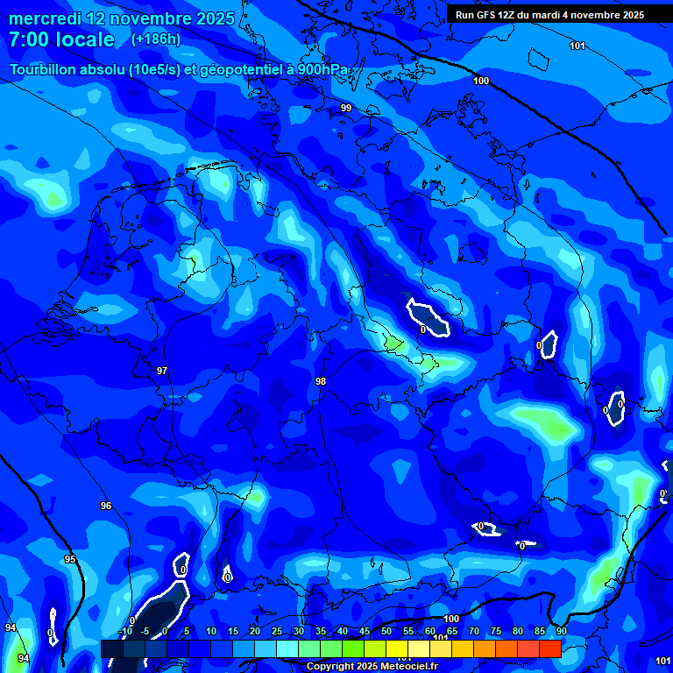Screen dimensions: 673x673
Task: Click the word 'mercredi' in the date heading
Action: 42,18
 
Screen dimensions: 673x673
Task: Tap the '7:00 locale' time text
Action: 61,39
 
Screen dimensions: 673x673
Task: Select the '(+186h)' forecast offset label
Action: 155,39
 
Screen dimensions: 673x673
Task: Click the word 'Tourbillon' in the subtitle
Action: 48,70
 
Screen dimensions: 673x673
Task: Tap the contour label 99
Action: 346,108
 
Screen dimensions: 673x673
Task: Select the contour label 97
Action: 162,371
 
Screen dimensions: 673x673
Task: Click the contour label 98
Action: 321,381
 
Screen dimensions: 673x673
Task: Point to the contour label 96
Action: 106,506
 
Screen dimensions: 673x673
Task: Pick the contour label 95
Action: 70,559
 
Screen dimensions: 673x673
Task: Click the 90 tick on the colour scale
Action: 561,631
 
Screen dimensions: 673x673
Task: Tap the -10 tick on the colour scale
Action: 124,631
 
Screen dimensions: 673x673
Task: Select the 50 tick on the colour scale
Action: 386,631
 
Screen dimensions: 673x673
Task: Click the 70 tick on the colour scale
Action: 474,631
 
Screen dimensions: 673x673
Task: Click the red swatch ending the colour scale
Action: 550,648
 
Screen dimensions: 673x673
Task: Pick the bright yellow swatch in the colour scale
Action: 397,648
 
